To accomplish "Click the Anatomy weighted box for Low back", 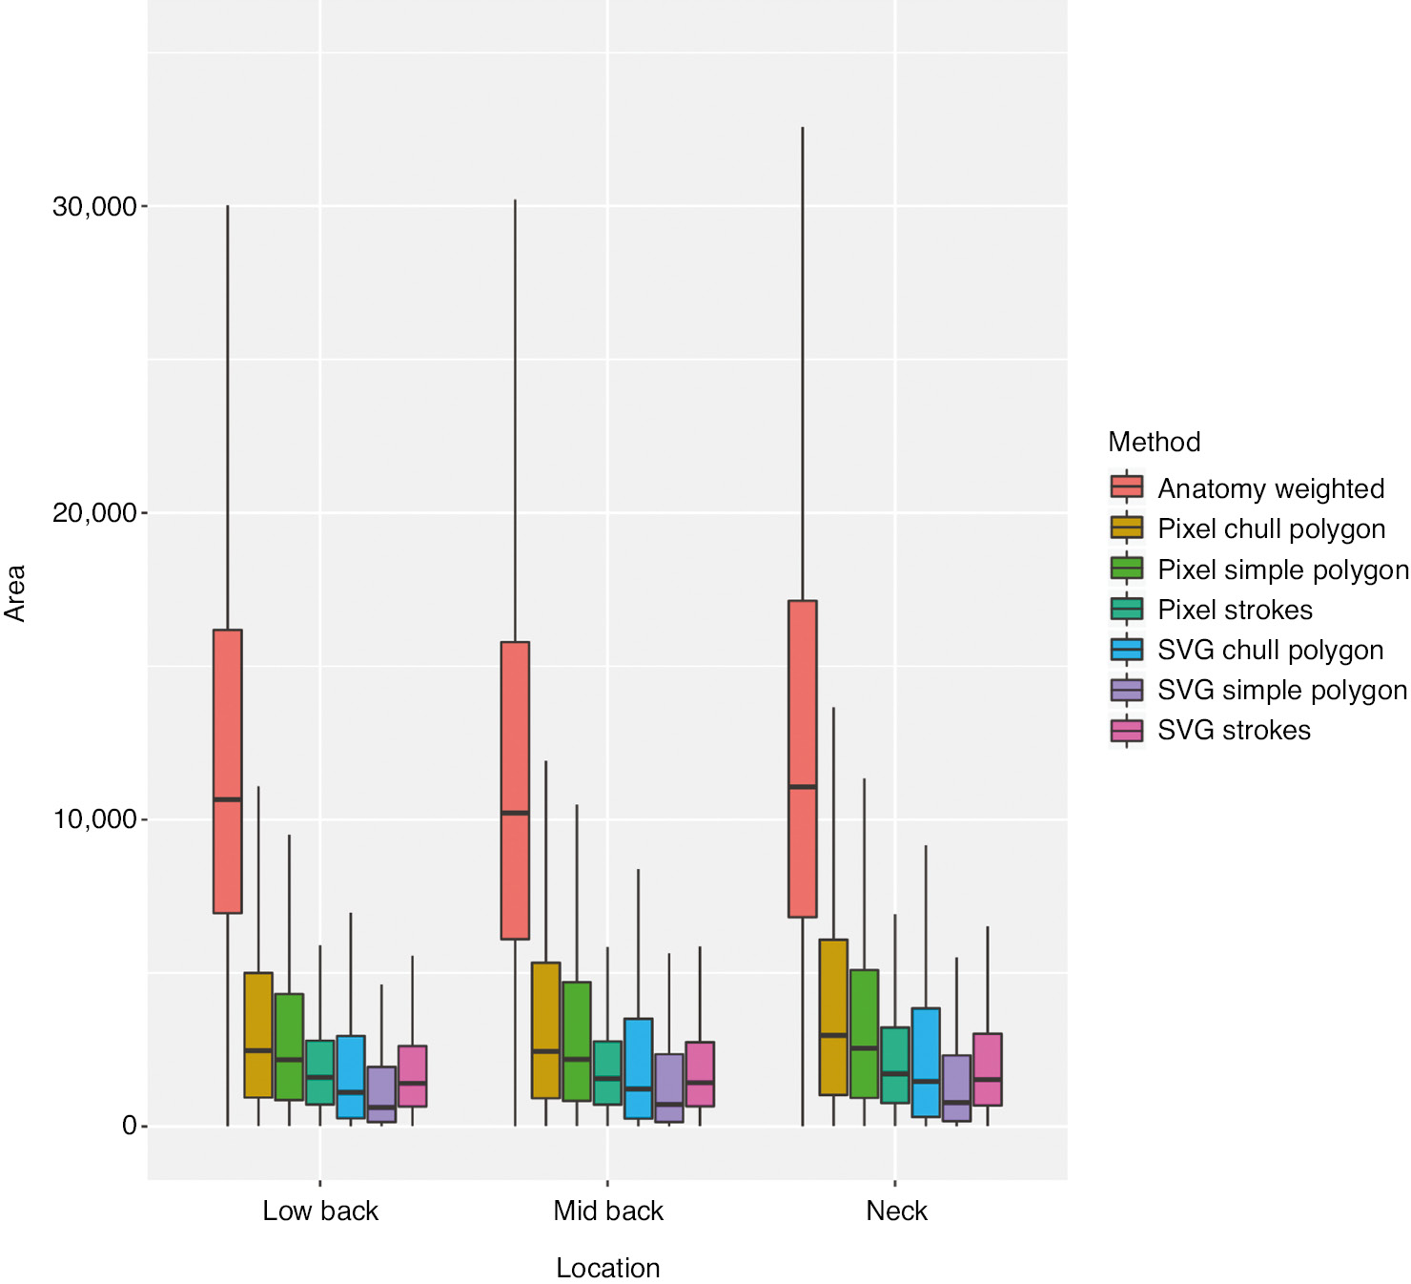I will tap(227, 771).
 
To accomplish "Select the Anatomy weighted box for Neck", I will tap(802, 758).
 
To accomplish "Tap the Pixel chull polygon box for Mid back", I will tap(545, 1030).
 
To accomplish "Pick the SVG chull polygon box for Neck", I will tap(925, 1062).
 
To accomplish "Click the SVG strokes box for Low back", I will tap(412, 1076).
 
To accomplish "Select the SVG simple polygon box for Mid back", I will tap(668, 1087).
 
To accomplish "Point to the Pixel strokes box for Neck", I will tap(894, 1065).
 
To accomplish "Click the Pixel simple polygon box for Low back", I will tap(289, 1046).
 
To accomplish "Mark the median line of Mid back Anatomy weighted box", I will tap(515, 813).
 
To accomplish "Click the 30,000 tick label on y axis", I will tap(94, 206).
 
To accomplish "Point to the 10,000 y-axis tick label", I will tap(94, 819).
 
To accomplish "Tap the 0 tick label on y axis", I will tap(130, 1126).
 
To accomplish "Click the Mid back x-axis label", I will tap(607, 1211).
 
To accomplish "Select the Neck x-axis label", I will tap(896, 1211).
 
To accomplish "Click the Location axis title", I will tap(607, 1268).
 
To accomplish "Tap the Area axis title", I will tap(15, 593).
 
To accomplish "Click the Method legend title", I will tap(1154, 442).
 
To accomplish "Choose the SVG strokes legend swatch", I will tap(1127, 731).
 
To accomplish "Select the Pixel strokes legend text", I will tap(1235, 610).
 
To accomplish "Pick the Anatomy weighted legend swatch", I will tap(1127, 487).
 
